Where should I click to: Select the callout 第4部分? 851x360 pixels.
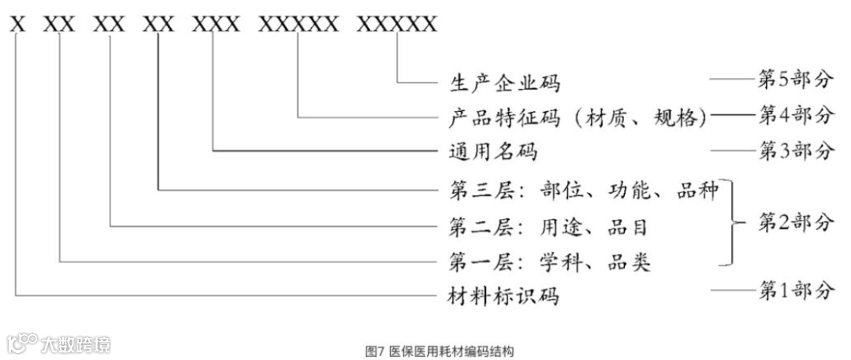795,116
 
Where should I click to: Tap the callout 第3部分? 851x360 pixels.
795,150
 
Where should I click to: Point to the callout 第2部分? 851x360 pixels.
795,224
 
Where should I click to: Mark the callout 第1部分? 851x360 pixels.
795,291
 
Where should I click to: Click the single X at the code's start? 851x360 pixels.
18,24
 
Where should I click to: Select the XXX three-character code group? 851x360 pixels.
215,24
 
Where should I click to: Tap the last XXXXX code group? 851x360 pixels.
396,24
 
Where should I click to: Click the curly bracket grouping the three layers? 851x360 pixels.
734,224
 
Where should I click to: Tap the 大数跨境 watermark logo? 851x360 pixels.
58,344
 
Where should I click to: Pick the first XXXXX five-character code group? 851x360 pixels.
299,24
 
